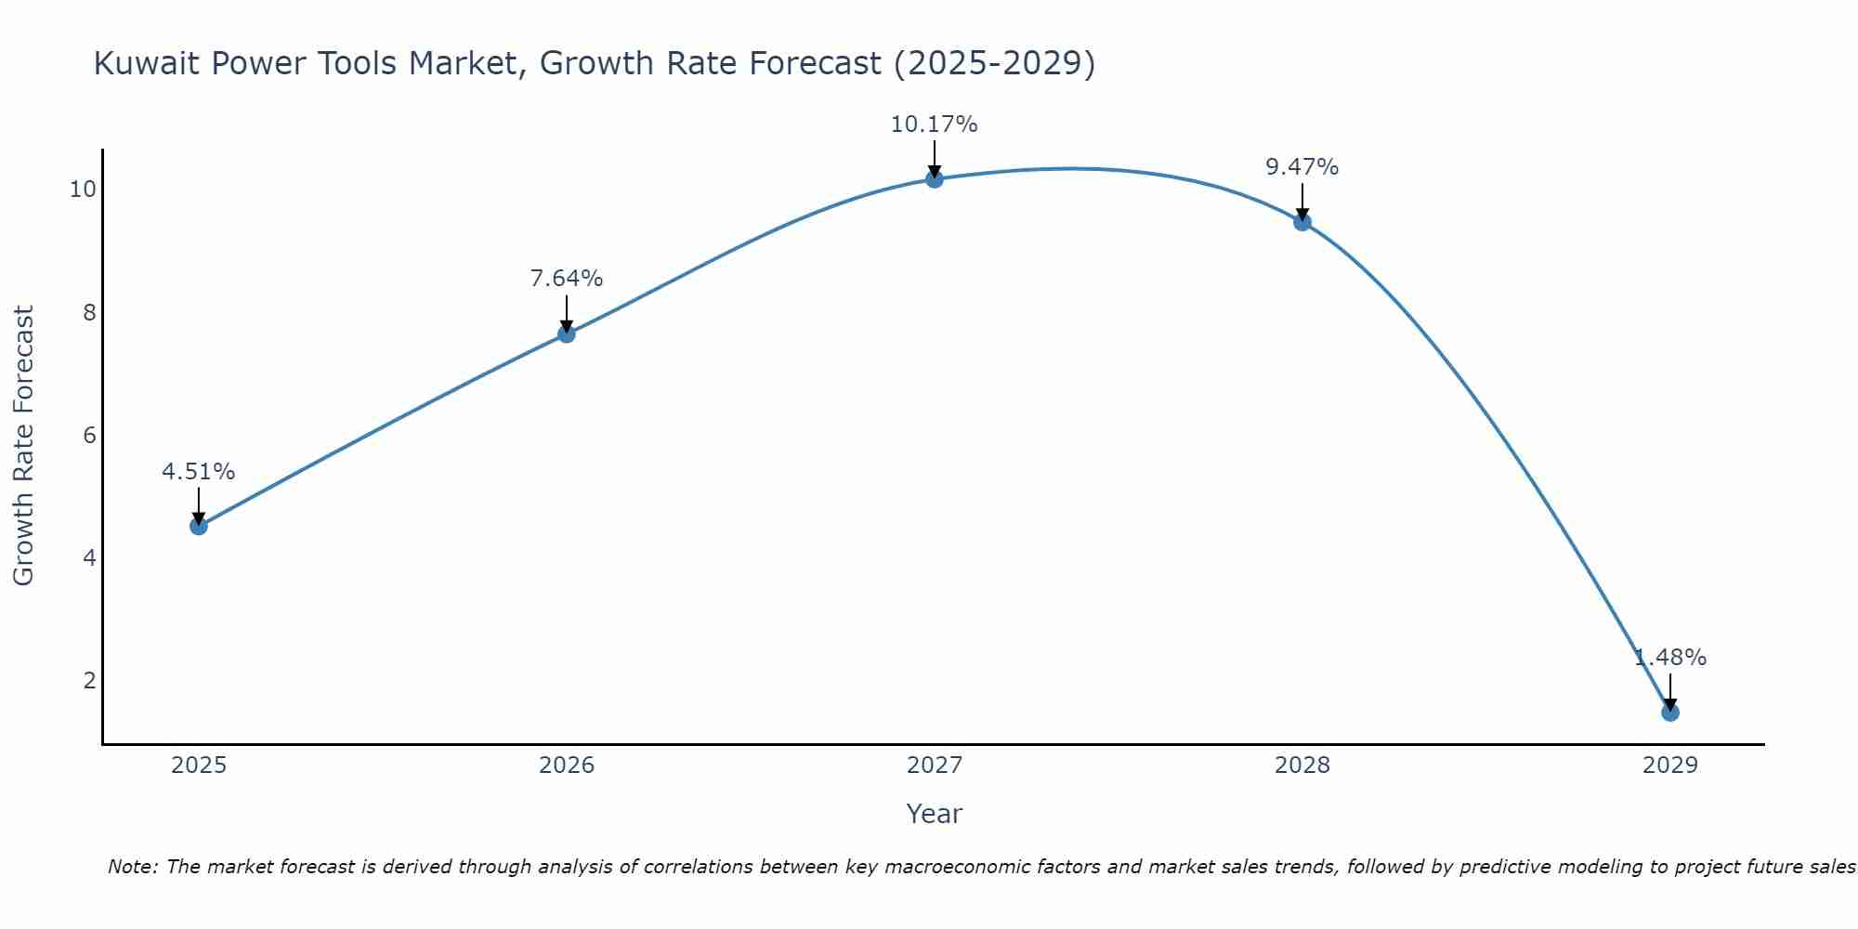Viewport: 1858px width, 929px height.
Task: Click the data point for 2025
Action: (199, 526)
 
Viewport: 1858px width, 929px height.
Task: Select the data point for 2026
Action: (567, 334)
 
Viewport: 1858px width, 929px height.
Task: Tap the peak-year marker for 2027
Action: (935, 178)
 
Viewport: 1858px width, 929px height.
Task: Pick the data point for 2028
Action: (1302, 221)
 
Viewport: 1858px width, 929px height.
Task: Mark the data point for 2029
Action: (1670, 713)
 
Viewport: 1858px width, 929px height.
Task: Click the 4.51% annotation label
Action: (199, 472)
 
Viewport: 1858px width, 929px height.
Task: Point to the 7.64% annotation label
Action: (567, 279)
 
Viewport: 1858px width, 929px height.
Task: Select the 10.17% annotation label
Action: (935, 124)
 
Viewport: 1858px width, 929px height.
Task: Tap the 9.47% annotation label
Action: (1302, 167)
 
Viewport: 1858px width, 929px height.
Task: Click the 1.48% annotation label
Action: (1670, 658)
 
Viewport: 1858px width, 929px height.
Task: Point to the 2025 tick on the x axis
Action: (199, 765)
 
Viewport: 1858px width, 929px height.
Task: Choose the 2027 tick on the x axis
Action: (935, 765)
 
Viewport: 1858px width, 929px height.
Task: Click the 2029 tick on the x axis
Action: (1670, 765)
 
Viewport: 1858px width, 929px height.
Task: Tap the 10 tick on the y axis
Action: (83, 190)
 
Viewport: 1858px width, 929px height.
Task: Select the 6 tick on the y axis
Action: (89, 435)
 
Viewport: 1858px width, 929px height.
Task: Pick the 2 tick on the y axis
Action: (89, 681)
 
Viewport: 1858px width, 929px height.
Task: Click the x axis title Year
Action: (935, 814)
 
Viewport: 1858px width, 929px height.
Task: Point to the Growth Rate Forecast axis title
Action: (23, 446)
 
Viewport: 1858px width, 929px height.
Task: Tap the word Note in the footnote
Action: (132, 867)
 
